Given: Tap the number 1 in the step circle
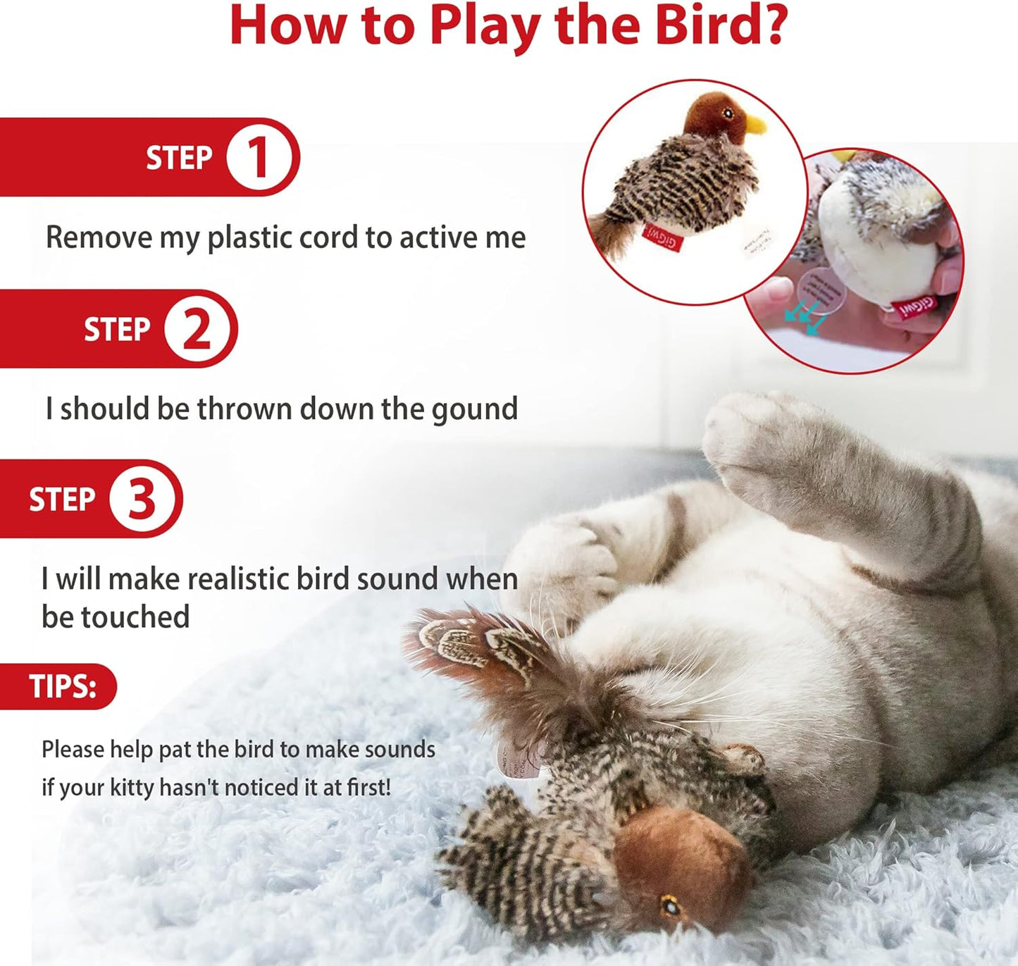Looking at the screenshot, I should pos(257,157).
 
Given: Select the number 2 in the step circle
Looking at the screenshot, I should pos(197,329).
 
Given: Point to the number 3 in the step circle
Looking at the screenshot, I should pos(142,500).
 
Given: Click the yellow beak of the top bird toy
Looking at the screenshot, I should pos(755,125).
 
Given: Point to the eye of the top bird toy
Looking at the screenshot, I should pos(728,113).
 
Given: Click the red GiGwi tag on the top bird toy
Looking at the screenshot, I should pos(662,237).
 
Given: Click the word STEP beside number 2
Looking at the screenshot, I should pos(117,329).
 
